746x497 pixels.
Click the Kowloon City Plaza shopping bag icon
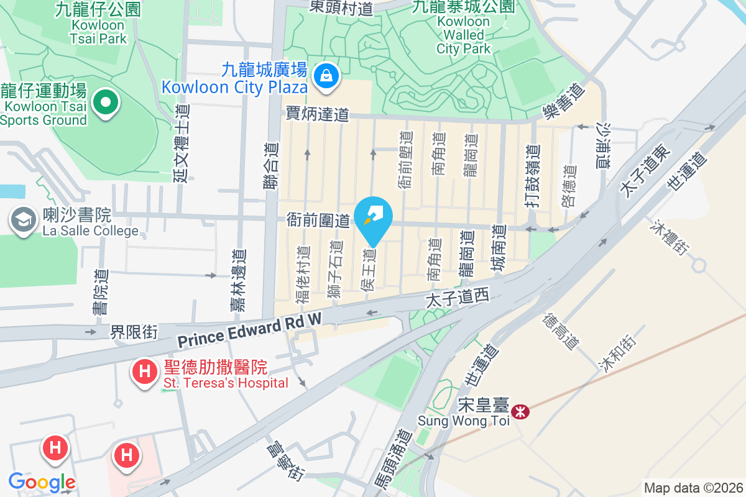(325, 77)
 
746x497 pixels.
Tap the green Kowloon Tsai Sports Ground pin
(106, 101)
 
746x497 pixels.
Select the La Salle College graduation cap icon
(24, 220)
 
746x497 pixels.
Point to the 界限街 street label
(134, 332)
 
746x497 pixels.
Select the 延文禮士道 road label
(181, 143)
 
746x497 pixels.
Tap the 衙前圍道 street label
(318, 219)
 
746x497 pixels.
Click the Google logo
(42, 481)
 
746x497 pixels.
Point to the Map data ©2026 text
(693, 488)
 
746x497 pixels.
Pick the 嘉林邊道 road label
(237, 280)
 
